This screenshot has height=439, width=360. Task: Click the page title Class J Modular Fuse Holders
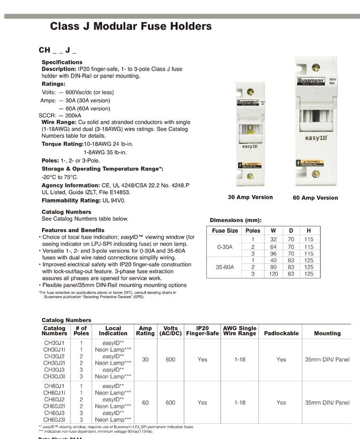point(130,26)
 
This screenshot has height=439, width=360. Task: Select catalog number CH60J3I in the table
point(54,419)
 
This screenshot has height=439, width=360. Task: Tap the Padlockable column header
point(281,333)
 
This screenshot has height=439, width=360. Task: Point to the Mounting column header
point(327,333)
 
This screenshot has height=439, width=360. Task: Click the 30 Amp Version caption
point(250,197)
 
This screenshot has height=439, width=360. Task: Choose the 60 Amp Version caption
point(315,197)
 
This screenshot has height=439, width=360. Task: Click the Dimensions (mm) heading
point(236,220)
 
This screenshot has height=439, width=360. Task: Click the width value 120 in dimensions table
point(273,274)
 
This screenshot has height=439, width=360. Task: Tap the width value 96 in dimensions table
point(273,254)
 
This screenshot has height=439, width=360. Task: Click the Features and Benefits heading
point(73,230)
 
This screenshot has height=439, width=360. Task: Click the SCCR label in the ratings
point(46,115)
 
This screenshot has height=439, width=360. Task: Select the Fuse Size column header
point(225,231)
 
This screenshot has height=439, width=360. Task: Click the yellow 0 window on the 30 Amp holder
point(250,129)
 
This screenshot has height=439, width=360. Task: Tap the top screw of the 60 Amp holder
point(315,68)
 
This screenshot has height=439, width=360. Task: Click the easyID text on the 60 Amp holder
point(315,138)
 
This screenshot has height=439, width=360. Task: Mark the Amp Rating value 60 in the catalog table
point(145,403)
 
